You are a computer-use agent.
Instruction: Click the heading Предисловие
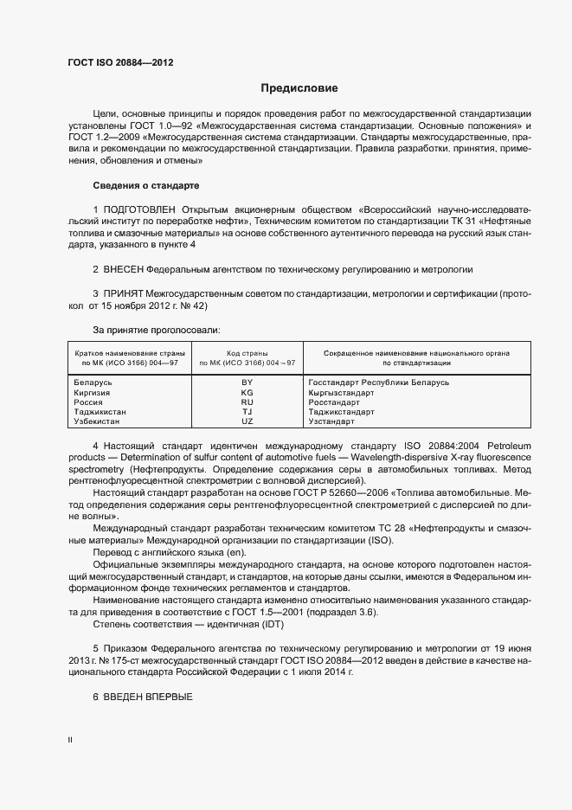pyautogui.click(x=299, y=88)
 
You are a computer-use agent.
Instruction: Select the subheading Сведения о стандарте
pyautogui.click(x=145, y=185)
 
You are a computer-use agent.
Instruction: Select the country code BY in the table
pyautogui.click(x=247, y=382)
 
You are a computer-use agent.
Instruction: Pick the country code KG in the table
pyautogui.click(x=247, y=392)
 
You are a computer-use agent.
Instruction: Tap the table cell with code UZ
pyautogui.click(x=247, y=421)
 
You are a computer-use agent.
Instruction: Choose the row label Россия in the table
pyautogui.click(x=89, y=402)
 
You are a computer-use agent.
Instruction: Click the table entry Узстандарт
pyautogui.click(x=331, y=421)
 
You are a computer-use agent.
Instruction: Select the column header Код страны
pyautogui.click(x=247, y=353)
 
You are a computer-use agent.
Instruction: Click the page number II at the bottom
pyautogui.click(x=71, y=741)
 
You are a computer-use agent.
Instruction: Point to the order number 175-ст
pyautogui.click(x=125, y=659)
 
